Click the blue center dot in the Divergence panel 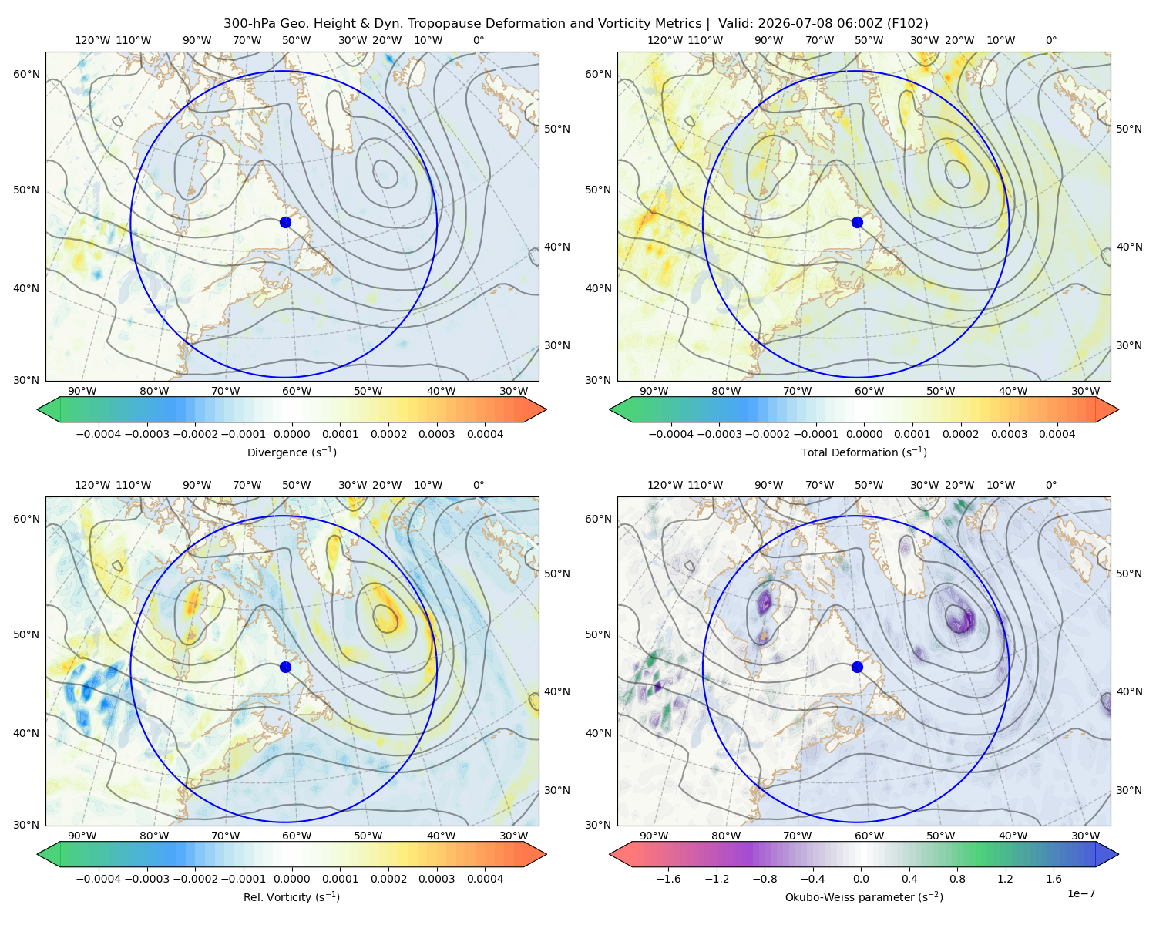285,222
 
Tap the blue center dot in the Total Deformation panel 857,222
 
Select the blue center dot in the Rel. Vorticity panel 285,667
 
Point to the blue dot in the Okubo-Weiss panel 857,667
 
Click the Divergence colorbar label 291,452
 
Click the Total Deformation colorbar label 864,452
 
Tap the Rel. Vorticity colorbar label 291,896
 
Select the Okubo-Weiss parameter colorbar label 864,896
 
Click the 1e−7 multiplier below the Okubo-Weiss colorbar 1080,893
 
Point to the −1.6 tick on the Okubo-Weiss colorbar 668,878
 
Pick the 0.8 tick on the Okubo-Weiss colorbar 957,878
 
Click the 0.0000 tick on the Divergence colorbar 291,434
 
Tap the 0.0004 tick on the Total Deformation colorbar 1057,434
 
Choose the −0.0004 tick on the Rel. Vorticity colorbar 99,878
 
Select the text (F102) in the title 907,24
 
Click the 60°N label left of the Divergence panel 26,74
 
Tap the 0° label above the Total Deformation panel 1050,40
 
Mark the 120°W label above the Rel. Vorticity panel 92,484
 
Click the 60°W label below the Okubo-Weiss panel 869,836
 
